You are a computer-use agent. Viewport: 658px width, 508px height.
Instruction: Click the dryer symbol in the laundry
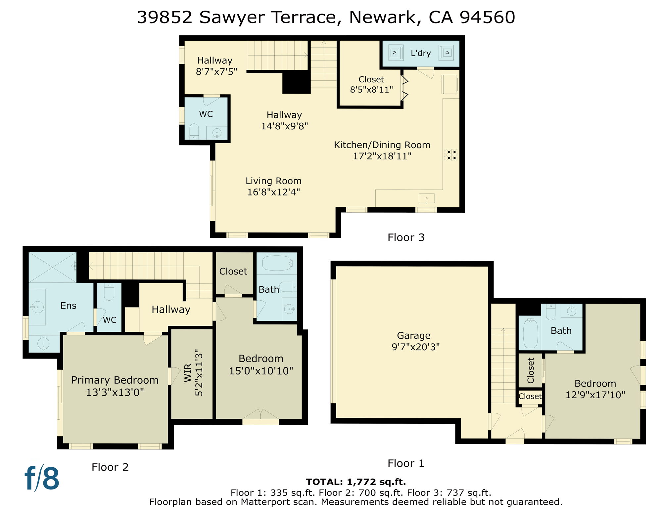446,53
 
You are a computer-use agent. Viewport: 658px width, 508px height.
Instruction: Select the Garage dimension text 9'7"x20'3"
415,347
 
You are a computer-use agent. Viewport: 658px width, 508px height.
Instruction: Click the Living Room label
273,181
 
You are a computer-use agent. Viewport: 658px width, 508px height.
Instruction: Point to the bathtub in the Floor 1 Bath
530,333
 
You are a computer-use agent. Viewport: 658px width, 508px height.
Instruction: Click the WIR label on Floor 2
188,373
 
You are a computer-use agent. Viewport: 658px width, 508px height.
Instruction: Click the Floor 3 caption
406,237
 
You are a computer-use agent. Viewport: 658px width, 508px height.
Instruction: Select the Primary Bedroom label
115,380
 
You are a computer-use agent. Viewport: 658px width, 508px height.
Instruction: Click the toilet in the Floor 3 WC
194,131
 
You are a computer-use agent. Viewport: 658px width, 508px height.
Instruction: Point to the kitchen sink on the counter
427,198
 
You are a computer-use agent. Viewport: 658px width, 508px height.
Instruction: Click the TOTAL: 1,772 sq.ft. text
356,482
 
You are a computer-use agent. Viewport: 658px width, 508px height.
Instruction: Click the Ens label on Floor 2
68,306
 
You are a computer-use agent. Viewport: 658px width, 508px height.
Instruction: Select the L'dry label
421,53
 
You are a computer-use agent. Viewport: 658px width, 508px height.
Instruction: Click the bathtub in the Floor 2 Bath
277,263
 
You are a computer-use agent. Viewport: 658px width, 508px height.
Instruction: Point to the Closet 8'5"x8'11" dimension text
371,90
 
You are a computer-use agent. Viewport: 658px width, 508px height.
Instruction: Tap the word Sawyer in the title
231,17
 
